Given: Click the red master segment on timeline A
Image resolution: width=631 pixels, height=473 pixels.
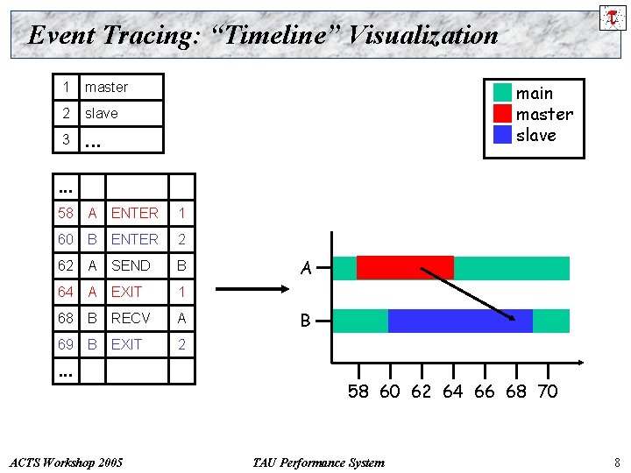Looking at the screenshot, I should point(404,268).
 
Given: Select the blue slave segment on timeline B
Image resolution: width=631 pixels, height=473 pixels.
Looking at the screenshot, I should point(459,321).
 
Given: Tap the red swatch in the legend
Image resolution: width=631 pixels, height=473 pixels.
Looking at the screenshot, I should point(502,114).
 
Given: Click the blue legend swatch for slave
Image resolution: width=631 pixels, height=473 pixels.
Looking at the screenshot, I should point(502,135).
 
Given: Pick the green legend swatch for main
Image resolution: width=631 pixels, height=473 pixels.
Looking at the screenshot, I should point(502,93).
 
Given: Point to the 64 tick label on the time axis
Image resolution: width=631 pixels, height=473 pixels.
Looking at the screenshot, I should point(452,392).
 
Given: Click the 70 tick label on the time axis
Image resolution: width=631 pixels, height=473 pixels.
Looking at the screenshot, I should point(547,392).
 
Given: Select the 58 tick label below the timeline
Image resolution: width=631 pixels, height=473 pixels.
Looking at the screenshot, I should point(358,392).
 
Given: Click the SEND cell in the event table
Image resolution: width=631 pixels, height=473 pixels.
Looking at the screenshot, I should point(131,265).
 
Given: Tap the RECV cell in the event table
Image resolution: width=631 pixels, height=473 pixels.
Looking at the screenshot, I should point(131,318).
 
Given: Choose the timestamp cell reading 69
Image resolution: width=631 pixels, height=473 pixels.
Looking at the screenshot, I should point(66,344).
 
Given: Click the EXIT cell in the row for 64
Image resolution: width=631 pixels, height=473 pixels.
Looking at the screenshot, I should point(126,292).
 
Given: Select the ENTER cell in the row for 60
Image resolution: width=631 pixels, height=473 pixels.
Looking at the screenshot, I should point(135,239).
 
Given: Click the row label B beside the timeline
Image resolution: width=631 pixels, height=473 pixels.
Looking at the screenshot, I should point(306,321).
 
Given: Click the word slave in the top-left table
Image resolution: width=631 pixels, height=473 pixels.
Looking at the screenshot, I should point(101,113).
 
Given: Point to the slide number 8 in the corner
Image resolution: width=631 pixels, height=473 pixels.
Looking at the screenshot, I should point(617,462).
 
